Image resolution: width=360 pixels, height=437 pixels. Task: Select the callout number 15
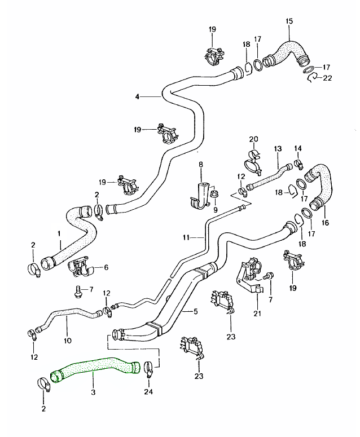(x=289, y=21)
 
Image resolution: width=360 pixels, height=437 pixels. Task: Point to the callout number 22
(x=327, y=78)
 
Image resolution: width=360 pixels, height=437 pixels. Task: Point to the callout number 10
(x=68, y=340)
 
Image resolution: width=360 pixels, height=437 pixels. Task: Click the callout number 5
(x=195, y=311)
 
